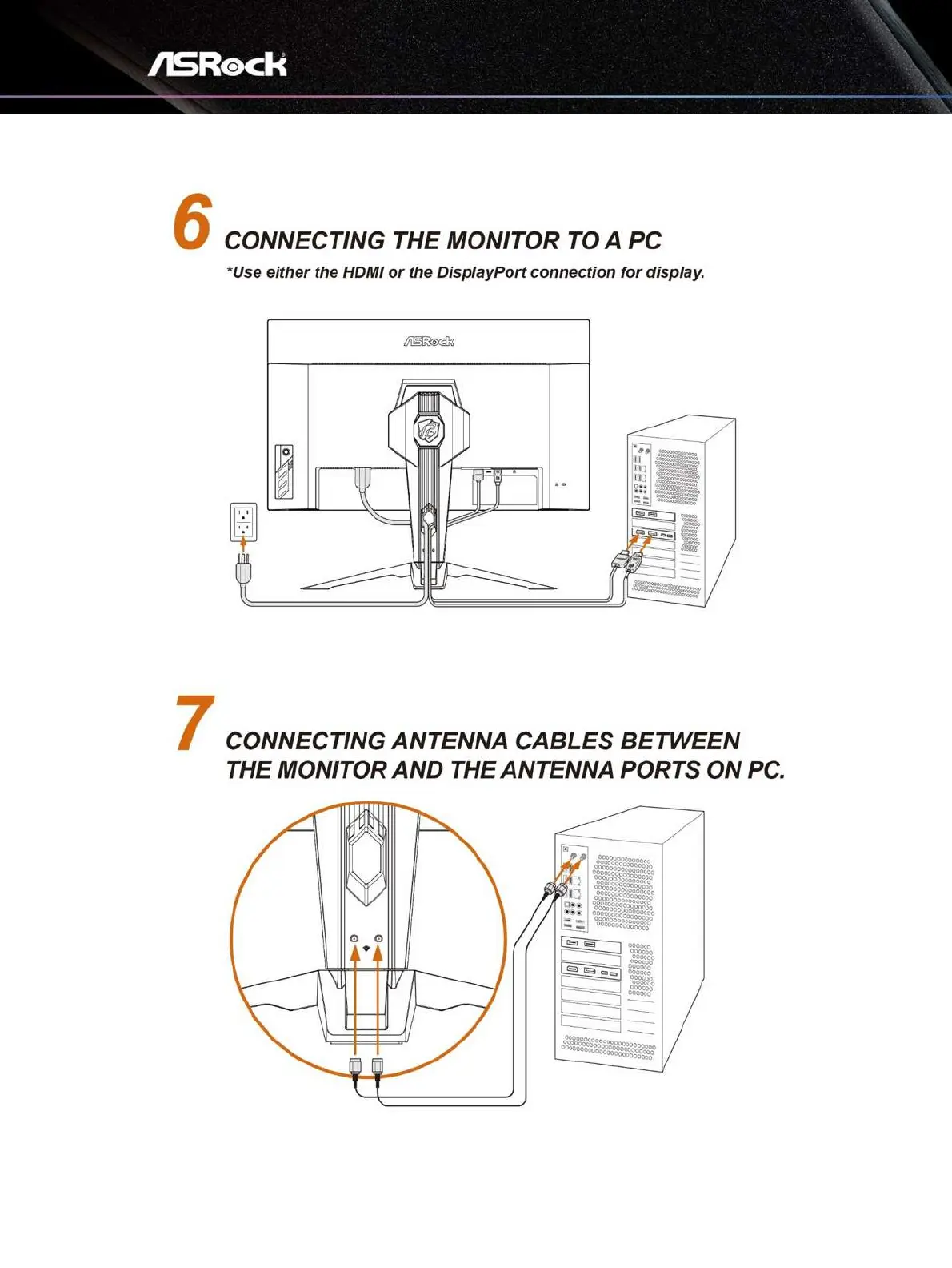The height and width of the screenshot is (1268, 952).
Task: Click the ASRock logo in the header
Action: [217, 64]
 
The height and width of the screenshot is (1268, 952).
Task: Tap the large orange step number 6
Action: [193, 223]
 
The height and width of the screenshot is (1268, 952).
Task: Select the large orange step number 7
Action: [195, 723]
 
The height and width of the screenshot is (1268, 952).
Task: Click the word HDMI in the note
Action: [363, 272]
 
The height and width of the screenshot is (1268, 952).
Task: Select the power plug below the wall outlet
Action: [244, 570]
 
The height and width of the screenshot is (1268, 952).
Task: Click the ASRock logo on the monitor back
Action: [428, 341]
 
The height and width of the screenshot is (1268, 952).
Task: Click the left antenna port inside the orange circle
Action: [355, 938]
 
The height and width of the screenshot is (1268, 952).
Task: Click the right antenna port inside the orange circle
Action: [378, 938]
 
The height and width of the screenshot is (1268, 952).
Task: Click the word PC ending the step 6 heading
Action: [645, 240]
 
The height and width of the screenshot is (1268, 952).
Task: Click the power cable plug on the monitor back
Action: [363, 479]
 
